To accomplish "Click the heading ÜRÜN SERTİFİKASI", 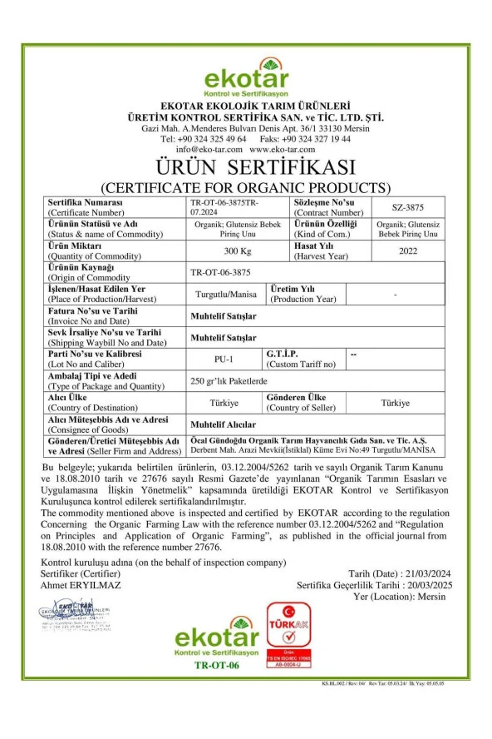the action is point(246,167).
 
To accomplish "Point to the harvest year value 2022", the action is point(407,250).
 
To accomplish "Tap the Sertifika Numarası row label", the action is point(86,203).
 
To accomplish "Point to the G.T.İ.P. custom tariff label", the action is point(283,354).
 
